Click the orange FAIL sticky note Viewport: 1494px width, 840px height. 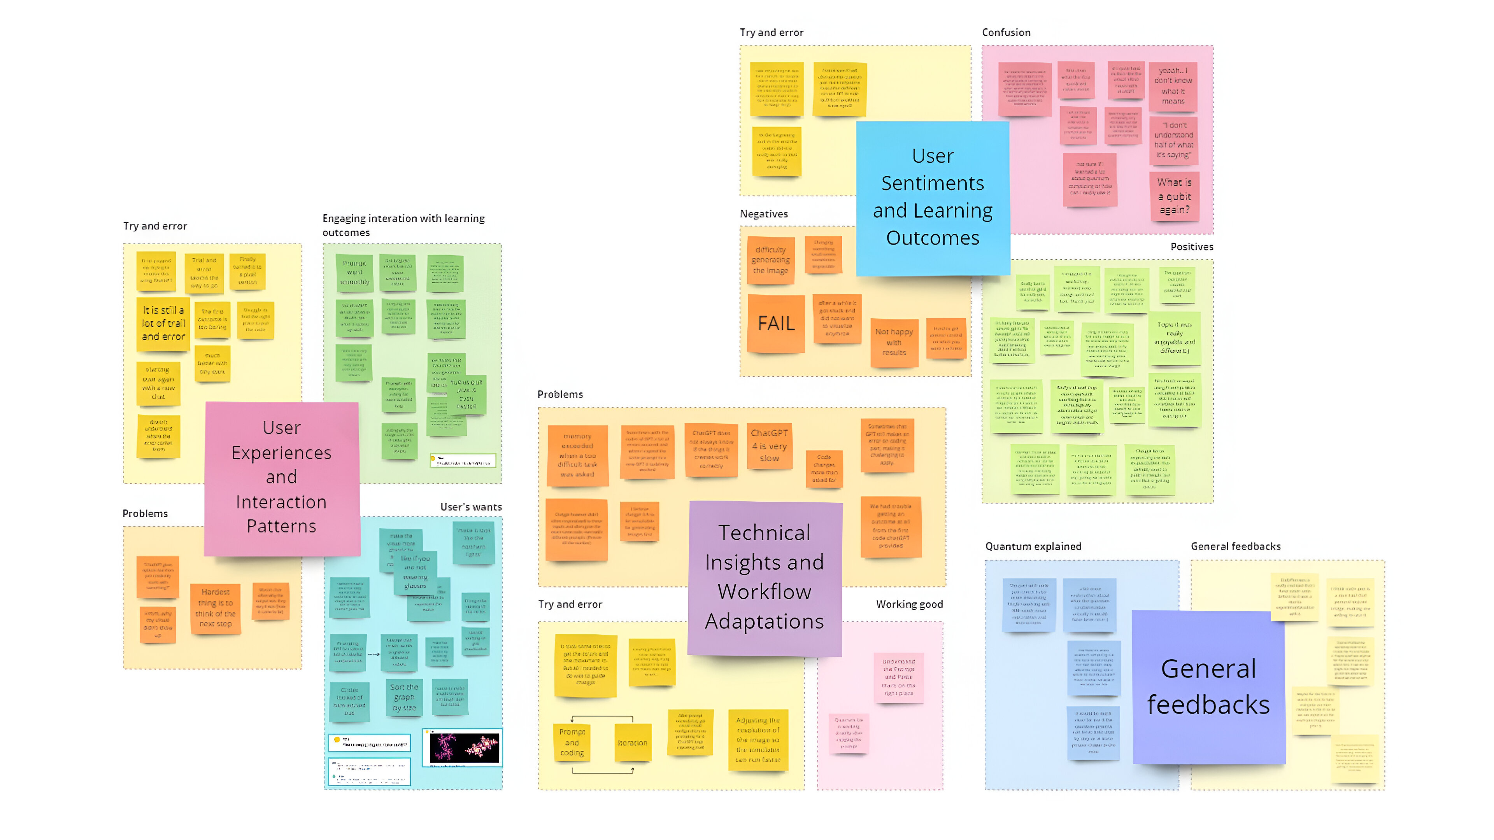(x=776, y=324)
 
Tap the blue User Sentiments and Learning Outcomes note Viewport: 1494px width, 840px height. (x=933, y=198)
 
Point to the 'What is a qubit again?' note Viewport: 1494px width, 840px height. (x=1174, y=196)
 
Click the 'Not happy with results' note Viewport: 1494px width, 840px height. (x=894, y=343)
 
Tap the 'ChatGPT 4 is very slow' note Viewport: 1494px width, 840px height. (x=769, y=445)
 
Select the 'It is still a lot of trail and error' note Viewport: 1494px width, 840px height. (x=163, y=324)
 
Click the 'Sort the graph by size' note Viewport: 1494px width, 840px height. (x=404, y=697)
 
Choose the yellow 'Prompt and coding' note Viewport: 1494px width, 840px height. (x=572, y=742)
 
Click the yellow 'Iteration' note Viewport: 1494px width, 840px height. (x=632, y=743)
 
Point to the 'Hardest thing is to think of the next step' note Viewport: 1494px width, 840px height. (x=215, y=608)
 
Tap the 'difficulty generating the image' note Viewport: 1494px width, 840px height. (x=770, y=260)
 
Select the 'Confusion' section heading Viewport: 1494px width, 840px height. (x=1006, y=32)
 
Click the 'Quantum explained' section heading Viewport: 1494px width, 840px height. (x=1033, y=546)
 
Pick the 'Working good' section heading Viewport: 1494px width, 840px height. (x=909, y=604)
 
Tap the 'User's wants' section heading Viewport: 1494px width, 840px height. (x=470, y=507)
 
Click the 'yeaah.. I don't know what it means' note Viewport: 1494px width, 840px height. (x=1173, y=86)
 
